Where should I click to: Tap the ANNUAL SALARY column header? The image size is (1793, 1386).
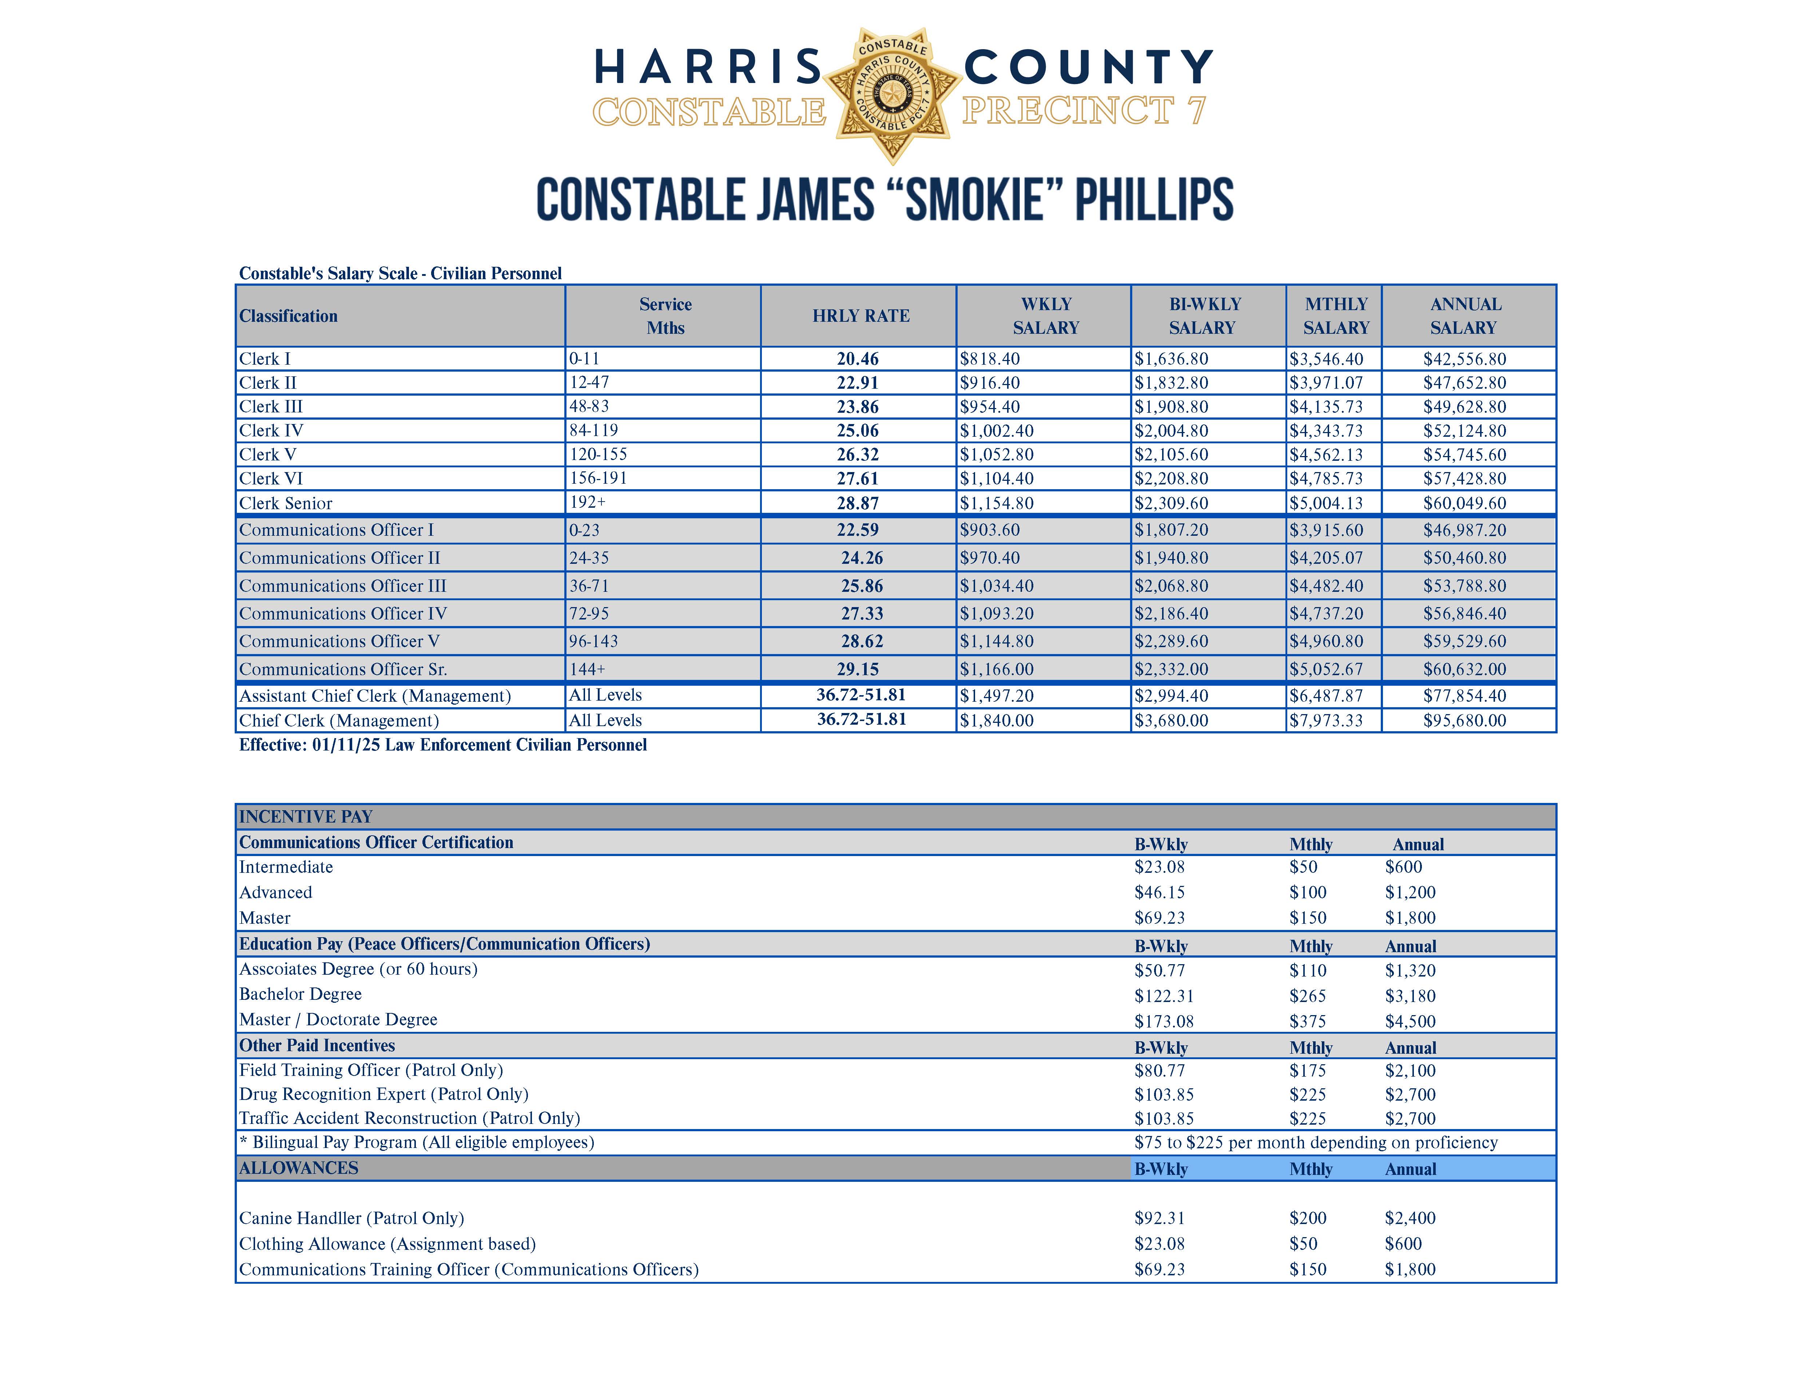point(1464,316)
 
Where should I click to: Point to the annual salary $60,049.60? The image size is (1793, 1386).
point(1464,503)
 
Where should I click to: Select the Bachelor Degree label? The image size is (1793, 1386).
point(301,994)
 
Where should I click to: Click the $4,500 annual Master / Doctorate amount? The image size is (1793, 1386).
point(1411,1021)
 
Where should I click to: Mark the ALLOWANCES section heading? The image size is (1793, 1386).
point(299,1168)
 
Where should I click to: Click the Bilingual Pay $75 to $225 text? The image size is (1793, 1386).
point(1315,1143)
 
